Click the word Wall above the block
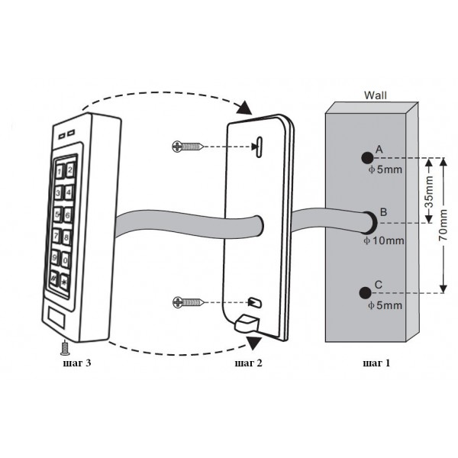375,95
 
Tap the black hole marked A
367,158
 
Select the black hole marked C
365,292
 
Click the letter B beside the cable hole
383,212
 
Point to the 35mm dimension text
429,192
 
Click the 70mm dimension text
443,225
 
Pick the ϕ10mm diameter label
384,240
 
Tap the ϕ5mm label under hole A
385,169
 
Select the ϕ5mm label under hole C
385,305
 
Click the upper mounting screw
188,147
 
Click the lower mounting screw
189,302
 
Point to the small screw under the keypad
64,348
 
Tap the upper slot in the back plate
259,147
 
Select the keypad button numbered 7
56,235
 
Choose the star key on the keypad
64,282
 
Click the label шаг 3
77,363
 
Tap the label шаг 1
376,363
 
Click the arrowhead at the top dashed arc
244,108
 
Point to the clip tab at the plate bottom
247,323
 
